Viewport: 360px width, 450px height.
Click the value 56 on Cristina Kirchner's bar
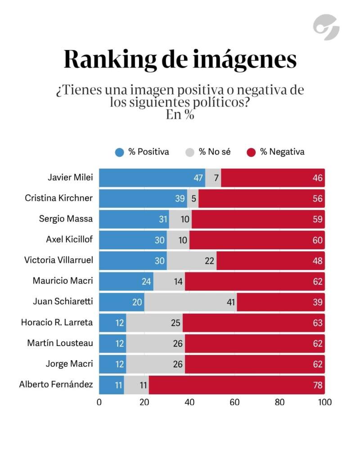tap(318, 198)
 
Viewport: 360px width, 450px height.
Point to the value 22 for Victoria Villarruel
tap(209, 261)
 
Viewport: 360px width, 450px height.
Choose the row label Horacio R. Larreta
tap(57, 322)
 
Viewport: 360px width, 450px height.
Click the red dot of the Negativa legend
tap(252, 152)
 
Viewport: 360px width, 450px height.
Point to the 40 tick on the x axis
tap(189, 402)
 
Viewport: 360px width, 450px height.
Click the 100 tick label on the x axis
tap(324, 402)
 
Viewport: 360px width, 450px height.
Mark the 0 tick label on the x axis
tap(99, 402)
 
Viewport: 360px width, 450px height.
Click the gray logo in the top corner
tap(326, 27)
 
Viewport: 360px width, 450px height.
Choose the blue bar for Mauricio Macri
tap(126, 281)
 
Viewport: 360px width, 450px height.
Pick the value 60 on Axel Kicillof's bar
tap(318, 240)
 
